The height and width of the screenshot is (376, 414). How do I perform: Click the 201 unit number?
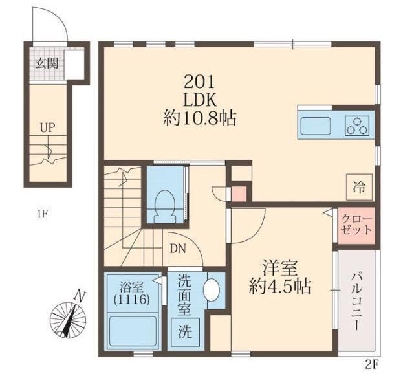pos(199,82)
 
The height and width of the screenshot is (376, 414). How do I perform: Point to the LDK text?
pos(199,100)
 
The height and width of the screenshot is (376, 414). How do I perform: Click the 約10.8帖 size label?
pos(199,119)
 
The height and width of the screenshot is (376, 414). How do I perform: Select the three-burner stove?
pos(357,125)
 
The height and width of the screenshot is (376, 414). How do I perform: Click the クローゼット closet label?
pos(356,225)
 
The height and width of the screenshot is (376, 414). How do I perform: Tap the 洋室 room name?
pos(280,267)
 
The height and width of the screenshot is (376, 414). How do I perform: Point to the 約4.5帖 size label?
pos(280,286)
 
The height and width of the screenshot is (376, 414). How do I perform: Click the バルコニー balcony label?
pos(356,302)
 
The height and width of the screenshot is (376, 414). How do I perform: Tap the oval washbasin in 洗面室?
pos(212,290)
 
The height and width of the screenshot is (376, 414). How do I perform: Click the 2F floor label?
pos(370,365)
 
